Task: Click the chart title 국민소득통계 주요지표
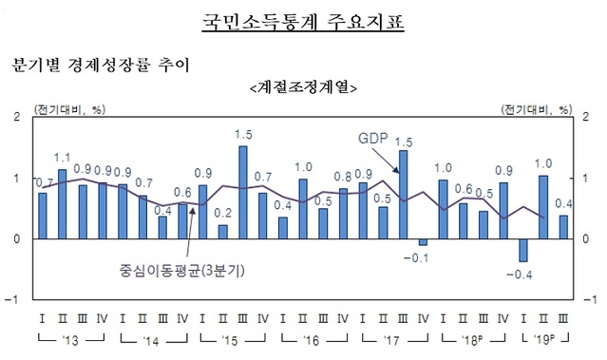click(x=304, y=21)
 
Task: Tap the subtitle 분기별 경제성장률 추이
click(x=100, y=67)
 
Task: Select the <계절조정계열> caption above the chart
click(x=303, y=88)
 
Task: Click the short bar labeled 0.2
click(x=223, y=232)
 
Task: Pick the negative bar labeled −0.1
click(x=423, y=242)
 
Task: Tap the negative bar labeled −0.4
click(x=522, y=250)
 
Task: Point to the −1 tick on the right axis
click(x=591, y=298)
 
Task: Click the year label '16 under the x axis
click(x=313, y=340)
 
